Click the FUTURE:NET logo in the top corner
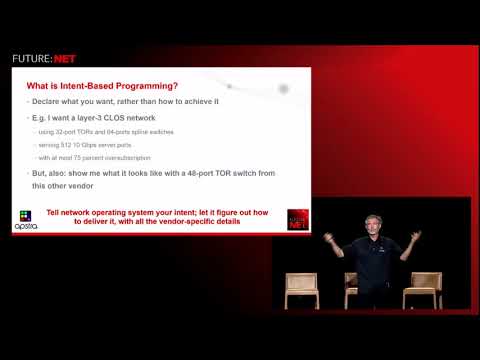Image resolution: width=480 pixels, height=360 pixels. pyautogui.click(x=43, y=58)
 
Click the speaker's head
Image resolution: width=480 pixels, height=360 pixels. pyautogui.click(x=373, y=224)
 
